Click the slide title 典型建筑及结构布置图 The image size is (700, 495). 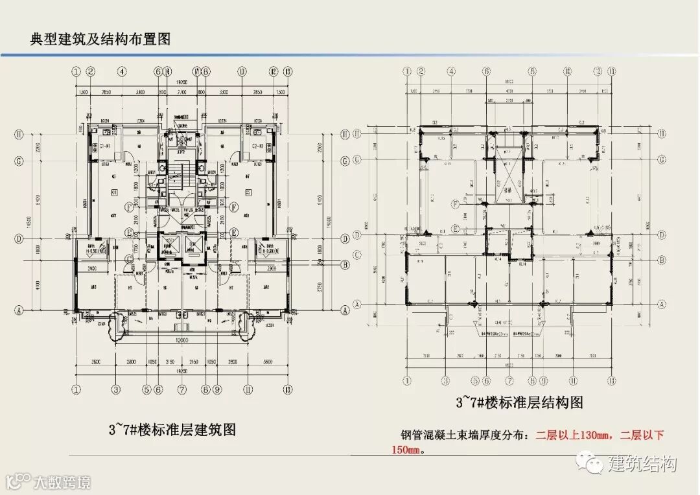(100, 39)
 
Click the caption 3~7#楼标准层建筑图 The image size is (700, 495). (171, 430)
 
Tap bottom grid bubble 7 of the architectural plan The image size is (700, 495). (182, 389)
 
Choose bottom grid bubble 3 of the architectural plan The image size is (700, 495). (116, 389)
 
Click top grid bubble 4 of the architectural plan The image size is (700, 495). (122, 72)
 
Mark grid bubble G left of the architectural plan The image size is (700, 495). (19, 160)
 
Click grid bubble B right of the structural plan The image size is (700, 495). (662, 260)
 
